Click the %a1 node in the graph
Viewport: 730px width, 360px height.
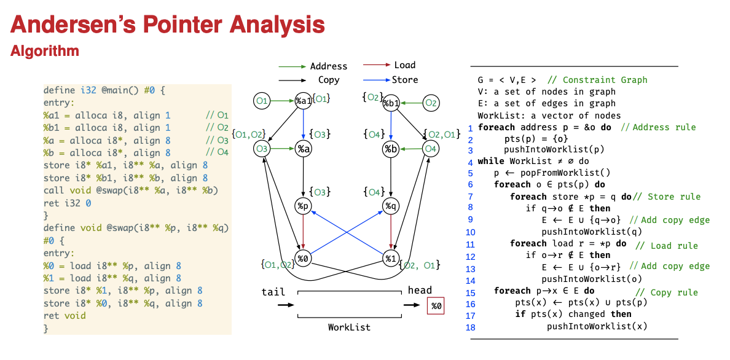(302, 101)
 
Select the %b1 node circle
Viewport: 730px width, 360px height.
(391, 103)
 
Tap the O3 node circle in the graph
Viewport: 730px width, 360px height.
(262, 148)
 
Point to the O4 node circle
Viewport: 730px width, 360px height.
(430, 149)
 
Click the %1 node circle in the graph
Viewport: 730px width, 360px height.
(391, 258)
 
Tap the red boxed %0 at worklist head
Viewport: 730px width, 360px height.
(436, 305)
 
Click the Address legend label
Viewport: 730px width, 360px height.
(328, 66)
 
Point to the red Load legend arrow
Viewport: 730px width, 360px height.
(376, 65)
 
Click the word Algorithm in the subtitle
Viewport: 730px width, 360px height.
(44, 51)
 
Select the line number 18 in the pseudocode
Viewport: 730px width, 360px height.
(471, 327)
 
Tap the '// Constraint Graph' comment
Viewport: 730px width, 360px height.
(597, 80)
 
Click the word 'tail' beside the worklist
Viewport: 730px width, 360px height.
(273, 291)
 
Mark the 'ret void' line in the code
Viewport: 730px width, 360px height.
(65, 316)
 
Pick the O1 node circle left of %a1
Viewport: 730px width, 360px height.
(262, 101)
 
